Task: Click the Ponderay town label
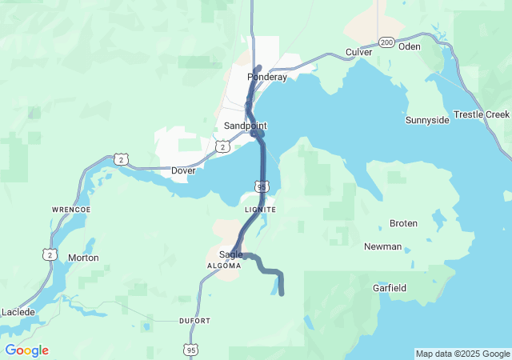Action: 267,77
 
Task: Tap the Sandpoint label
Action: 246,126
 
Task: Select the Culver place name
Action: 359,52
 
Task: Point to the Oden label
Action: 409,46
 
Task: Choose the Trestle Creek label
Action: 481,114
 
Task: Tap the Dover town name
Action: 183,170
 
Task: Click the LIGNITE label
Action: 260,210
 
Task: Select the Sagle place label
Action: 230,254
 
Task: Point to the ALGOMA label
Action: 224,265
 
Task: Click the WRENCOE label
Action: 71,210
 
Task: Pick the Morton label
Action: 83,258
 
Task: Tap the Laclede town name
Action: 18,311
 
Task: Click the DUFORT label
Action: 194,321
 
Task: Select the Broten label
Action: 403,223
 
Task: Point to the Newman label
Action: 382,246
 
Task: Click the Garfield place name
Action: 390,287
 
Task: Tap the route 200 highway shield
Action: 386,42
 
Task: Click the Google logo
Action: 26,350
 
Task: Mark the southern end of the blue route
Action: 282,294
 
